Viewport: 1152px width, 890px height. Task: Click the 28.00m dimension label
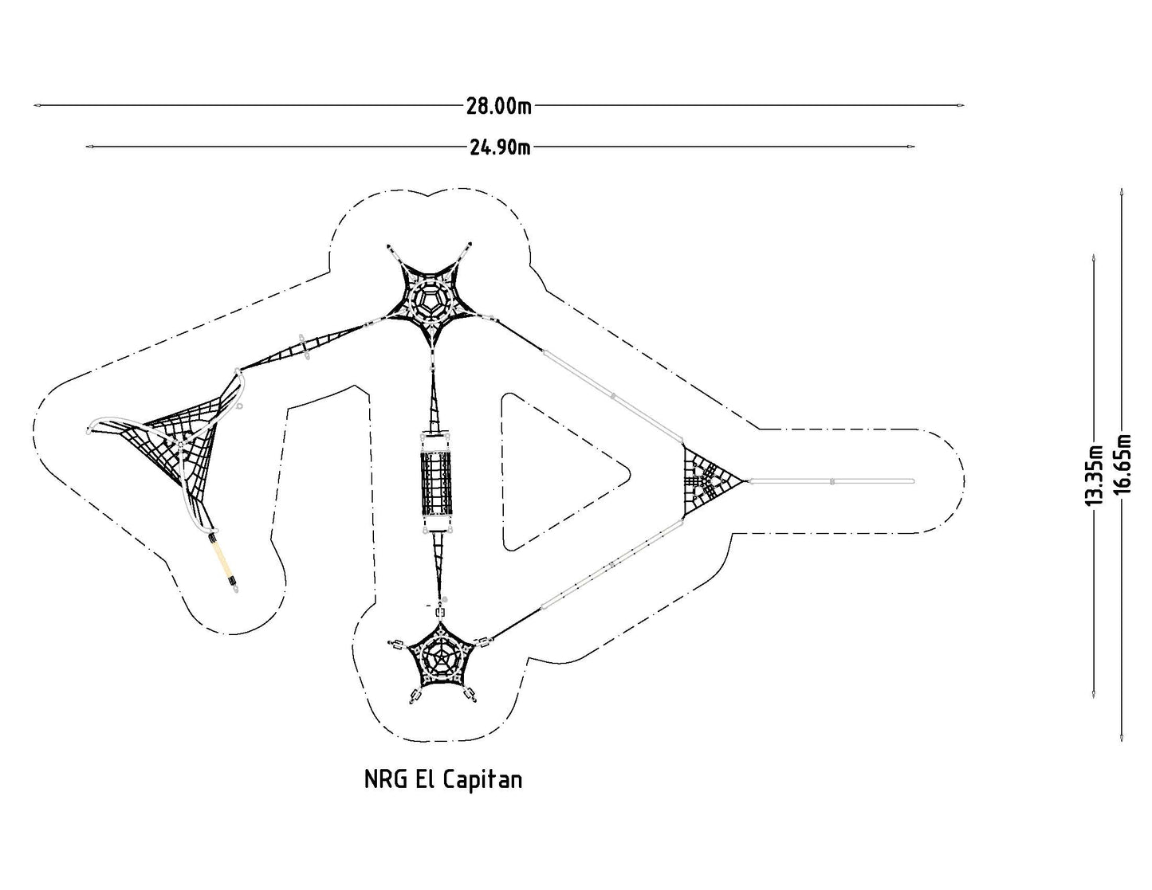click(x=498, y=106)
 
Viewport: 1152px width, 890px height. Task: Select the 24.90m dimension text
click(x=500, y=147)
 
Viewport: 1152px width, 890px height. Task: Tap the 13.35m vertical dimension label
click(x=1095, y=475)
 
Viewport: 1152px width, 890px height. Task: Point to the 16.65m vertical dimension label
click(x=1123, y=464)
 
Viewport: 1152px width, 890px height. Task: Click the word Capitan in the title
click(x=482, y=780)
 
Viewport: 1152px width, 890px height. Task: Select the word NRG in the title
click(x=385, y=779)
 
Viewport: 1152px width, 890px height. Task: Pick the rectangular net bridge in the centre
click(x=436, y=484)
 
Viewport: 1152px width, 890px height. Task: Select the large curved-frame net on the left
click(x=170, y=450)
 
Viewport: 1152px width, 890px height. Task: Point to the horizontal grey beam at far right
click(x=832, y=481)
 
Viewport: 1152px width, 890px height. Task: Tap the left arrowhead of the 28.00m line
click(x=37, y=105)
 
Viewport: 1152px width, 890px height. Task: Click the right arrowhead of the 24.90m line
click(x=910, y=147)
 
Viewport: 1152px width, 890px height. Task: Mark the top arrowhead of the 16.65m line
click(x=1121, y=192)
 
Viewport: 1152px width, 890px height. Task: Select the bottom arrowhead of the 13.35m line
click(x=1094, y=695)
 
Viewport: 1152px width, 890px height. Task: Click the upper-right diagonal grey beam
click(x=612, y=394)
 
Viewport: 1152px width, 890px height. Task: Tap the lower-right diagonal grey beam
click(x=611, y=565)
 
